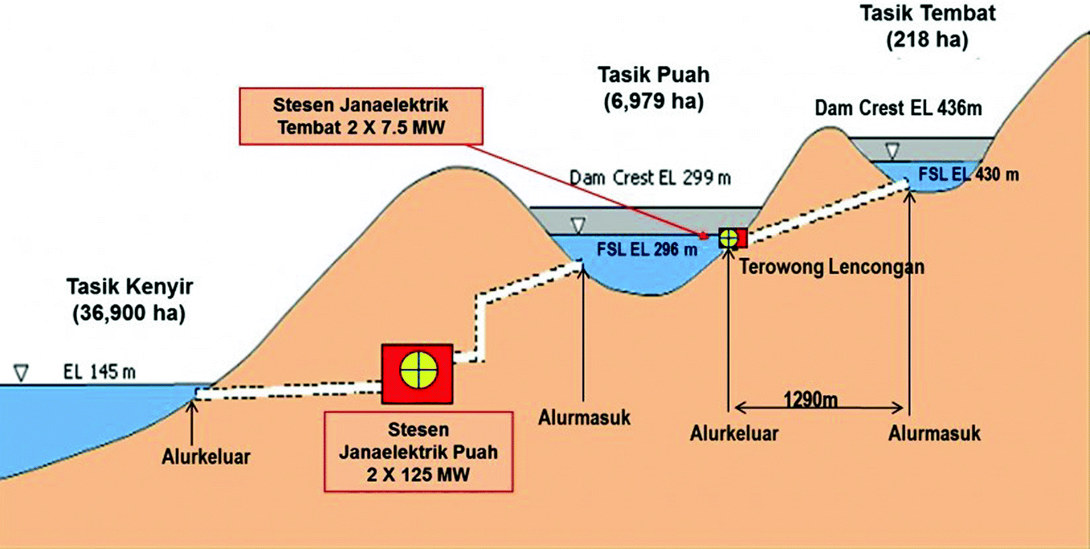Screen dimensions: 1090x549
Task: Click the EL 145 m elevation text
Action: (x=100, y=371)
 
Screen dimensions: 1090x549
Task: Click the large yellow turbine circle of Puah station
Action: (x=418, y=372)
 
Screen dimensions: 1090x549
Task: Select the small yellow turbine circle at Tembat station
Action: (x=729, y=238)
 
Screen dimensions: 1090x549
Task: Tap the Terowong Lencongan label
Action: (x=831, y=268)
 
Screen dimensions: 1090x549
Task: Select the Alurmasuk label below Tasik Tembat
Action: (x=934, y=433)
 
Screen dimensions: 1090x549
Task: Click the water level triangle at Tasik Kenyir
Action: (x=22, y=373)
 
